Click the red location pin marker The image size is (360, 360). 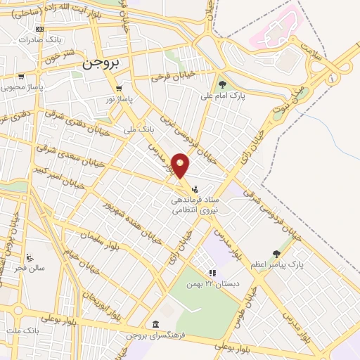(x=181, y=165)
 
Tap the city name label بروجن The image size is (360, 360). (x=103, y=62)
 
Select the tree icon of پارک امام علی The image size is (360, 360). (x=223, y=86)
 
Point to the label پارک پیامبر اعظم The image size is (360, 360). (x=278, y=264)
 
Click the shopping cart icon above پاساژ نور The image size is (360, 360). (x=119, y=89)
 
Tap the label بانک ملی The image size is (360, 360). (x=138, y=129)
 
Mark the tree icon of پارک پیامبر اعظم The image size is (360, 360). (x=276, y=254)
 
